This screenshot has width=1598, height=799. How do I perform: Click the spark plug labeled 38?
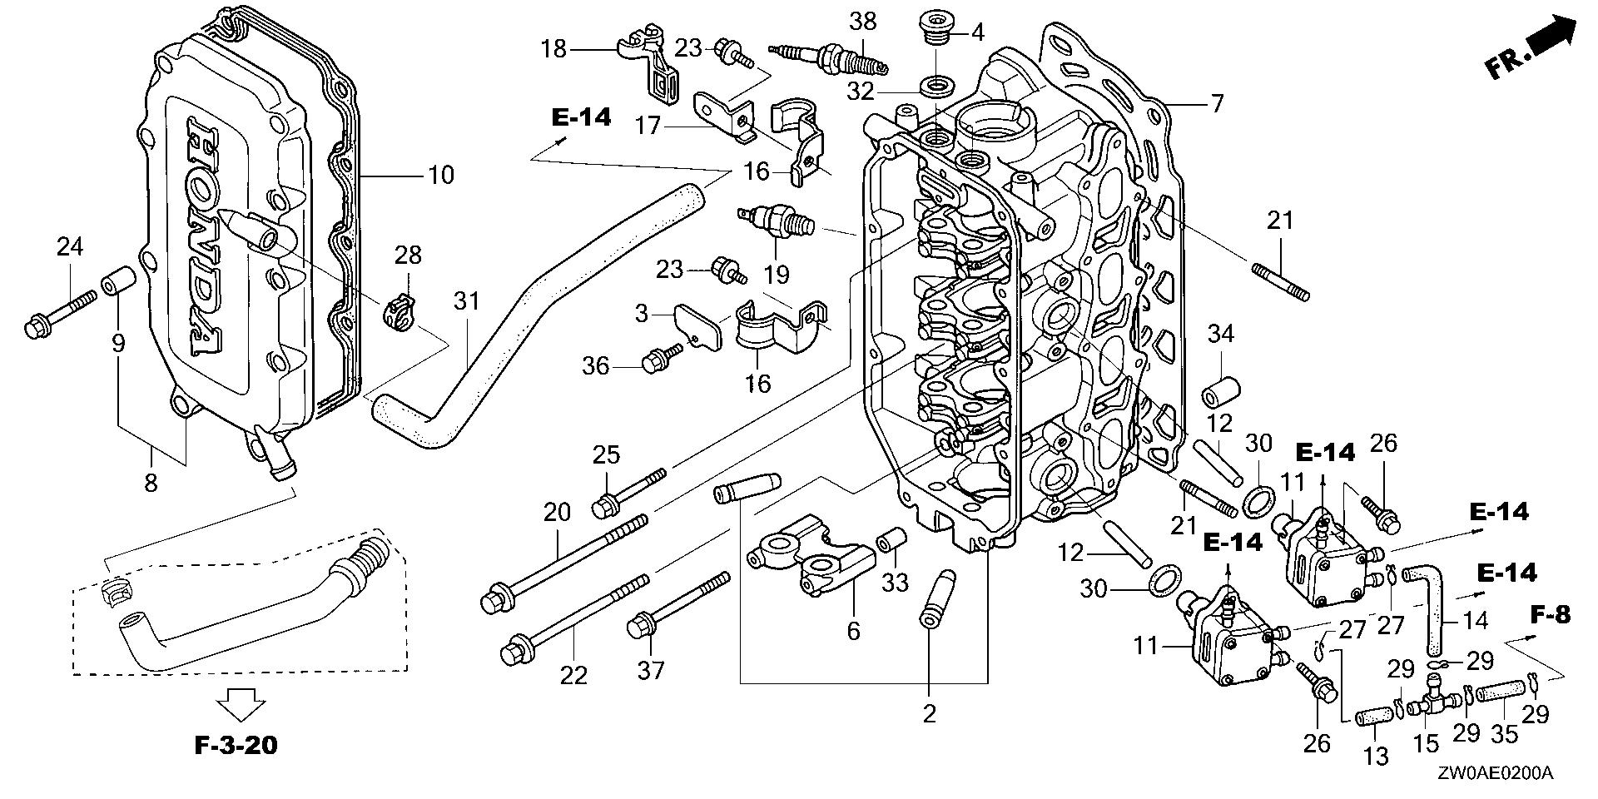(x=832, y=57)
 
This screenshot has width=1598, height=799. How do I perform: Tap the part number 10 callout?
(x=441, y=175)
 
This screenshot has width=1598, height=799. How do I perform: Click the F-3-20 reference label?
(x=236, y=745)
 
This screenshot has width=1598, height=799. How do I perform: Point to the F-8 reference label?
(x=1551, y=615)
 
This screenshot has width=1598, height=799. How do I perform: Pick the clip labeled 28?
(x=398, y=312)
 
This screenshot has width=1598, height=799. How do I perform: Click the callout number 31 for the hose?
(x=467, y=300)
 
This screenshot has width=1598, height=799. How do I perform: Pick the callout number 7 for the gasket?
(x=1217, y=104)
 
